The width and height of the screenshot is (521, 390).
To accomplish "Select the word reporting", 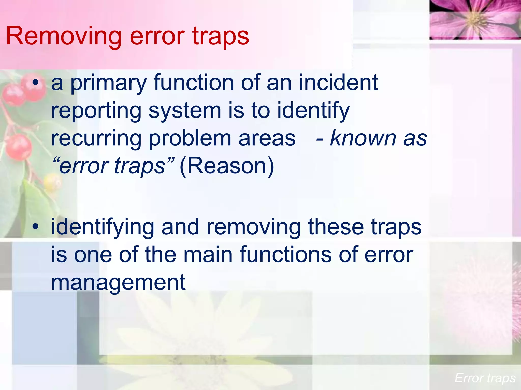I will click(x=96, y=111).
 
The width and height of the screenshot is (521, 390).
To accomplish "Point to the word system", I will click(x=185, y=111).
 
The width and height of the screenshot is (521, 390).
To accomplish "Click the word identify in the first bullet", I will click(x=313, y=111).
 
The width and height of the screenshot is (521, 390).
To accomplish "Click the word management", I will click(x=118, y=282).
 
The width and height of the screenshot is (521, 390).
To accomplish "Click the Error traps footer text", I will click(x=485, y=378).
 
